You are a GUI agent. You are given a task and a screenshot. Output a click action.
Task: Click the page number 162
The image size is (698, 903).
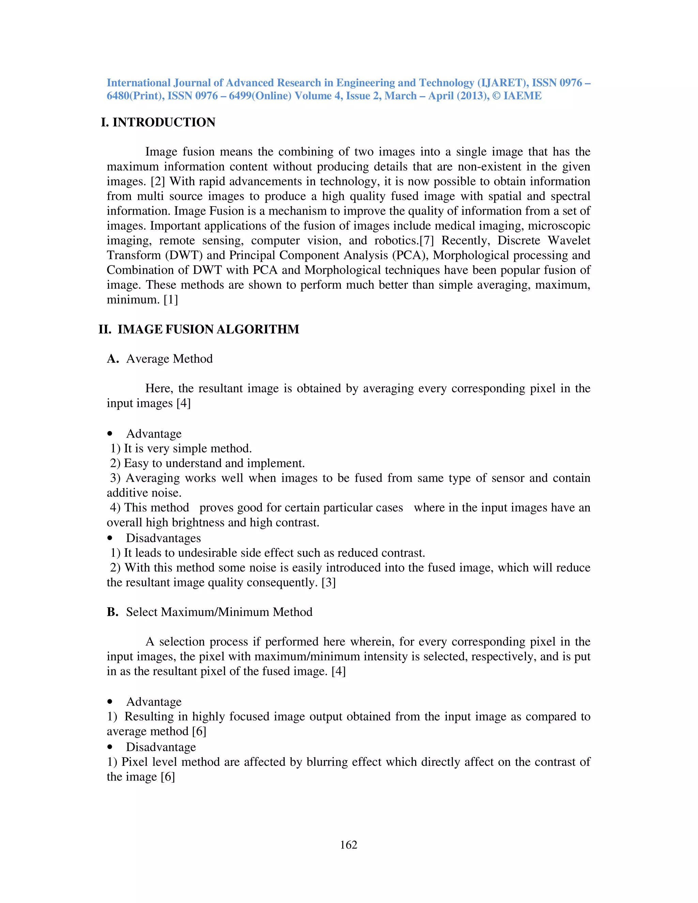click(x=348, y=845)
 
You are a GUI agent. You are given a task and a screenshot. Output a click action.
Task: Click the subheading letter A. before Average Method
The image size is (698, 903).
click(x=113, y=358)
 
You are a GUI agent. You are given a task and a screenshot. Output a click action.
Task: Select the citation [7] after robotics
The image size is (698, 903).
click(x=426, y=240)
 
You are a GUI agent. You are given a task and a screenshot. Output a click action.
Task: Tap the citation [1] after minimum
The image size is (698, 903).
click(x=170, y=299)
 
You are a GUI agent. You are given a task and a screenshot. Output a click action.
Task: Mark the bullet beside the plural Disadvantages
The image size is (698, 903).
click(x=110, y=538)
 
